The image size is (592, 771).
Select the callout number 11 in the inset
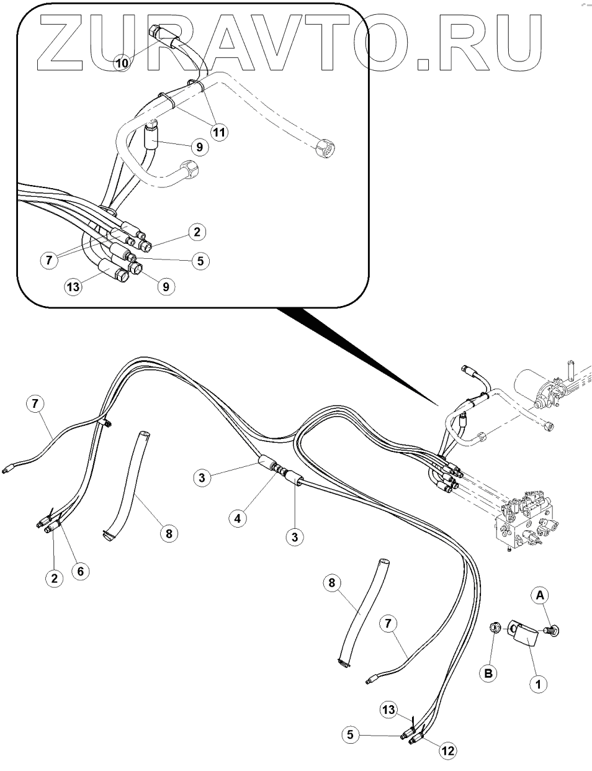[218, 132]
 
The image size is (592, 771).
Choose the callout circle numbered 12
[447, 751]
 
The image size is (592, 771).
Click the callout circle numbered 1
[538, 684]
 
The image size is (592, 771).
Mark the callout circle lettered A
[540, 596]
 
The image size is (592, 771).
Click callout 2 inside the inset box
[197, 233]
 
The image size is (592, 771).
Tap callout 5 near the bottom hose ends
[351, 734]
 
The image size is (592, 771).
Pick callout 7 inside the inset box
[49, 260]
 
